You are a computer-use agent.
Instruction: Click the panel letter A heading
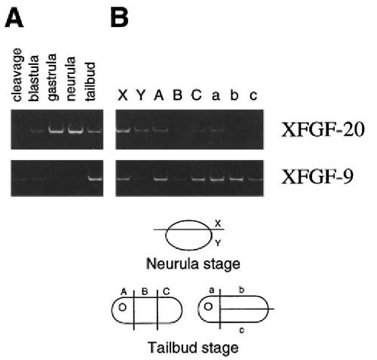(14, 19)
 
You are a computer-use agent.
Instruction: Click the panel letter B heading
(119, 19)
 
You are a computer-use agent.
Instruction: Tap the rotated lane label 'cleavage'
(17, 75)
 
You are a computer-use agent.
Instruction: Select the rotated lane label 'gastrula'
(52, 77)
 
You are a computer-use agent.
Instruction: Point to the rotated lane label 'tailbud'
(90, 82)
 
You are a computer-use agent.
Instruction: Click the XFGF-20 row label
(323, 130)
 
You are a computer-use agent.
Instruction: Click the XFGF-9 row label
(317, 177)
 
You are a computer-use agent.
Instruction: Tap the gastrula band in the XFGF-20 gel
(57, 131)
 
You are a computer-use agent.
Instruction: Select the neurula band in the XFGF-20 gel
(75, 131)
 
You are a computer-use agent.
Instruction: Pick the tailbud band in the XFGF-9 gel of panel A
(95, 179)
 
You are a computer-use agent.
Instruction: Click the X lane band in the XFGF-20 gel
(123, 130)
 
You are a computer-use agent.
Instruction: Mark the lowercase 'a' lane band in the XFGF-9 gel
(216, 179)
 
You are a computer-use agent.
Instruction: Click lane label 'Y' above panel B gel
(141, 95)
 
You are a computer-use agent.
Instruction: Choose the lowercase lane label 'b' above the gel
(234, 95)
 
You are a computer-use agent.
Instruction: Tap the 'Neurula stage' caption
(193, 264)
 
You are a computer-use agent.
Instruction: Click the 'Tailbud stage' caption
(193, 348)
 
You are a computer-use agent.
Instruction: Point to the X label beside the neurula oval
(218, 223)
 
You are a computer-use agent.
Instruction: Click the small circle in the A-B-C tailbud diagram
(122, 307)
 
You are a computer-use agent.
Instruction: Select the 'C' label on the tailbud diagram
(167, 291)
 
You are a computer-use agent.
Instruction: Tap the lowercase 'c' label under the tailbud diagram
(242, 330)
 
